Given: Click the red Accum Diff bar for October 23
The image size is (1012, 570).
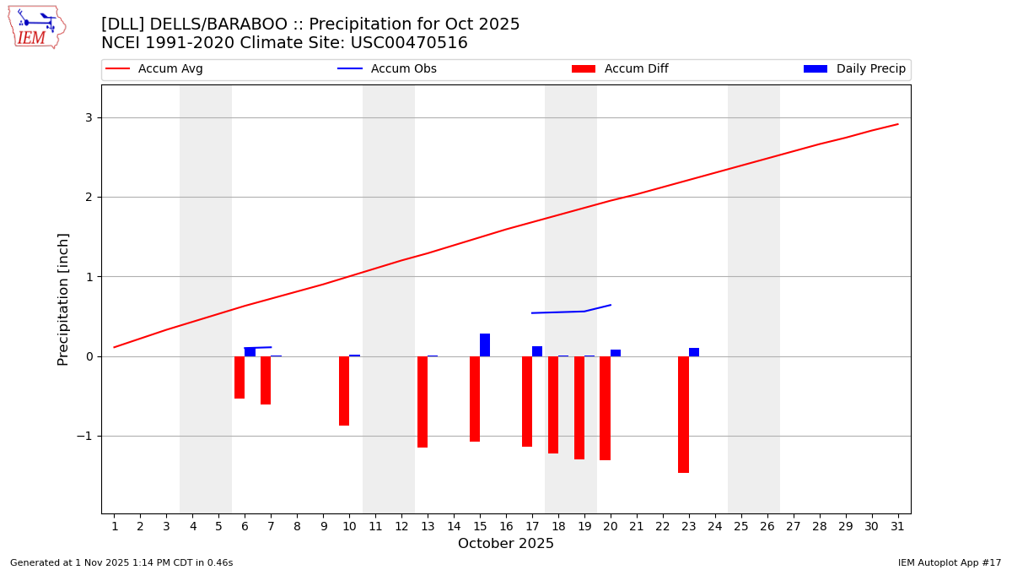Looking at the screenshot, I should pyautogui.click(x=683, y=414).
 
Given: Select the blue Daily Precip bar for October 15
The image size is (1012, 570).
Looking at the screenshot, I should pyautogui.click(x=485, y=345).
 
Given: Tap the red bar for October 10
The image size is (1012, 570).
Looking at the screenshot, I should pyautogui.click(x=344, y=390).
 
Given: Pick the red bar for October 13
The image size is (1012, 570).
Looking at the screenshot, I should pyautogui.click(x=423, y=401).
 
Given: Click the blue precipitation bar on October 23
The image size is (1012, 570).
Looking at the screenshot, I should pyautogui.click(x=694, y=352).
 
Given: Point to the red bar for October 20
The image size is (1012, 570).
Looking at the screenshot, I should pyautogui.click(x=605, y=408).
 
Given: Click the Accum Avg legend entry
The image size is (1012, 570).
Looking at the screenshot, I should pyautogui.click(x=154, y=69).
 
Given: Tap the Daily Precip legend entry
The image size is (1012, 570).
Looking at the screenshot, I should pyautogui.click(x=854, y=69).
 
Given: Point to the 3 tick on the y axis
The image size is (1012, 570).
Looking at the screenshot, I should pyautogui.click(x=88, y=117).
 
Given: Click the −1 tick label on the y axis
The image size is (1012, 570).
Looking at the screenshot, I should pyautogui.click(x=84, y=436).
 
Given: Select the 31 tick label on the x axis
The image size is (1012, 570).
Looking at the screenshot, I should pyautogui.click(x=897, y=527).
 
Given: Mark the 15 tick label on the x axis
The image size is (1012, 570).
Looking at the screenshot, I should pyautogui.click(x=480, y=527).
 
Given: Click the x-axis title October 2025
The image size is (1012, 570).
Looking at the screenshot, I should pyautogui.click(x=506, y=544).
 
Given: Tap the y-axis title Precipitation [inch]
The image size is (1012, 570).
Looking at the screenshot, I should pyautogui.click(x=64, y=299).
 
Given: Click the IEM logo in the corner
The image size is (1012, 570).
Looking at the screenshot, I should pyautogui.click(x=36, y=27).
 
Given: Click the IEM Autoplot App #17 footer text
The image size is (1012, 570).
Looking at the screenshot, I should pyautogui.click(x=950, y=562).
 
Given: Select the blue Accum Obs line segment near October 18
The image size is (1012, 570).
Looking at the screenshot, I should pyautogui.click(x=558, y=312).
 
